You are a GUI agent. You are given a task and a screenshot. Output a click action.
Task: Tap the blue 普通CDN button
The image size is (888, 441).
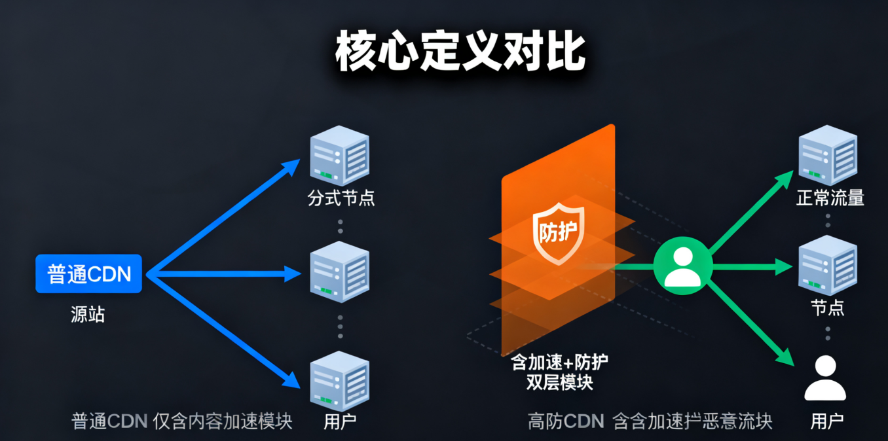click(88, 273)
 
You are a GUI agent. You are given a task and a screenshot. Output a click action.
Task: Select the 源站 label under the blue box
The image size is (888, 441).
click(88, 315)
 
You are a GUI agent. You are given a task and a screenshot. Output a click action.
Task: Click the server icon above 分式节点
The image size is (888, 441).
click(339, 156)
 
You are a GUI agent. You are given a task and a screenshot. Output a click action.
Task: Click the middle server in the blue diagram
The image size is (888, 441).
click(339, 271)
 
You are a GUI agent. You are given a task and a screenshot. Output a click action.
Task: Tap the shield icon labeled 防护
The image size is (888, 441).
click(558, 232)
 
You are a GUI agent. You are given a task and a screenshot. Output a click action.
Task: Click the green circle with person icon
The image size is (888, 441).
click(682, 266)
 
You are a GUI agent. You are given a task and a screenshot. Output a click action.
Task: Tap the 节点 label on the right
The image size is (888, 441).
click(828, 308)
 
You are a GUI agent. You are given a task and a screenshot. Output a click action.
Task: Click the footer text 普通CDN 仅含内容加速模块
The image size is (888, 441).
click(181, 421)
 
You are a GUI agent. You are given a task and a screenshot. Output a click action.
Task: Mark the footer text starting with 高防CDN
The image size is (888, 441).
click(650, 421)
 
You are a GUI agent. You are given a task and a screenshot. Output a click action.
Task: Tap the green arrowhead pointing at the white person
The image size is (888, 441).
click(785, 358)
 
